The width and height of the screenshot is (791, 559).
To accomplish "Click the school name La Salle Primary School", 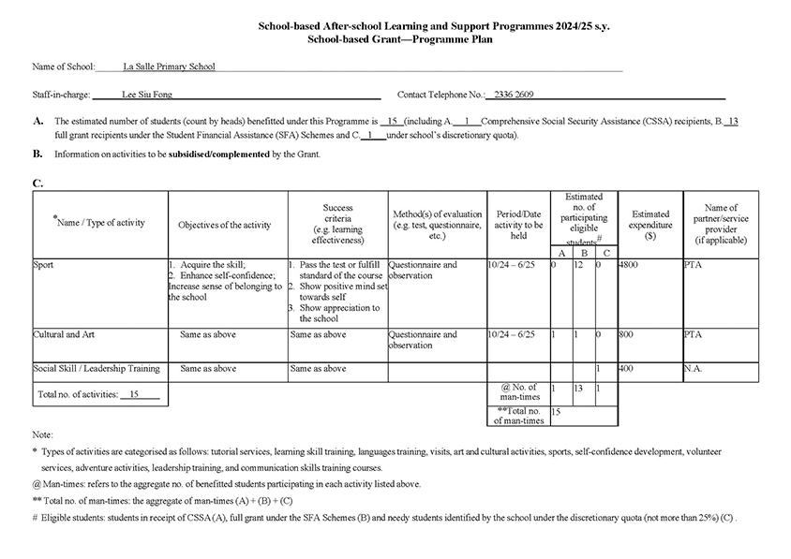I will point(169,67).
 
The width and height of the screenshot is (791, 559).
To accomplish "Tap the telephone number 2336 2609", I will point(510,95).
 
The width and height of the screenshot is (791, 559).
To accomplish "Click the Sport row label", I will point(43,265).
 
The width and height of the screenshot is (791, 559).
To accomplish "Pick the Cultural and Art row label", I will point(63,334).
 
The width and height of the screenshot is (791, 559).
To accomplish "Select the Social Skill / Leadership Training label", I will point(96,369).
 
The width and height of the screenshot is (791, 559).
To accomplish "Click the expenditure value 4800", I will point(629,265).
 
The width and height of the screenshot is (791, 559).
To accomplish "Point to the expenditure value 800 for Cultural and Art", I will point(627,334).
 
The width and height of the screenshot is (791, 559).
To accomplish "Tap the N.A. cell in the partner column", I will point(694,369).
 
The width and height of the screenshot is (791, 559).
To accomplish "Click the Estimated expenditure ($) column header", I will point(650,225).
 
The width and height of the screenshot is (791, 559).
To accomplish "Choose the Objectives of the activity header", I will point(225,225).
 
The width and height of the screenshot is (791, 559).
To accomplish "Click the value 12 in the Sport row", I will point(579,265).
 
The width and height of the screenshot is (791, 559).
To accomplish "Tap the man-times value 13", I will point(579,387).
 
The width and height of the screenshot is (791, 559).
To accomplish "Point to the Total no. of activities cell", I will point(87,395).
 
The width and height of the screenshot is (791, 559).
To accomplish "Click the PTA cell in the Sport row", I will point(694,265).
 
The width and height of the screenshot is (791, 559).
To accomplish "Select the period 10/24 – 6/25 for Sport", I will point(513,265).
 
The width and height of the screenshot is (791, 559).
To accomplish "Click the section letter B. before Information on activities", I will point(37,153).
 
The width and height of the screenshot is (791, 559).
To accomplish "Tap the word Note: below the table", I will point(42,435).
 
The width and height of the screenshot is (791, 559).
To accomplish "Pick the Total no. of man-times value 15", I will point(556,410).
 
